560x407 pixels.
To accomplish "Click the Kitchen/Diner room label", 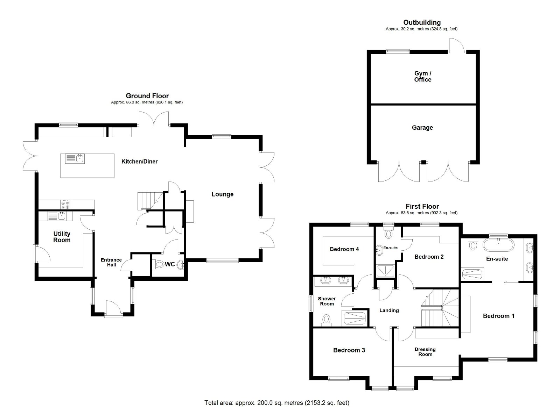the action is (140, 162).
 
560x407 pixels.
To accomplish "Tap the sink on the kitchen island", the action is (75, 158).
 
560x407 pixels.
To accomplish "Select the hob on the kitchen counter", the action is (65, 205).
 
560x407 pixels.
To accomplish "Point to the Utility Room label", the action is (62, 237).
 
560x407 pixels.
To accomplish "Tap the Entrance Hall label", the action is (111, 262).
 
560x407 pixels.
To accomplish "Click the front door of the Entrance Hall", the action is (114, 308).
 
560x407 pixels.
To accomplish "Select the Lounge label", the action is (223, 194).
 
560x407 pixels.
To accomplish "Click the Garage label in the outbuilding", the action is (422, 128).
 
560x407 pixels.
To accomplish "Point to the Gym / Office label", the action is (423, 77).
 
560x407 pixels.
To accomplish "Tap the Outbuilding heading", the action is (422, 22).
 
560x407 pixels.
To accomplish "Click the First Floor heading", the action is (422, 207).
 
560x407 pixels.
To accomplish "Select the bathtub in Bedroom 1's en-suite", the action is (498, 245).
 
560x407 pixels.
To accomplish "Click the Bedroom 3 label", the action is (349, 350).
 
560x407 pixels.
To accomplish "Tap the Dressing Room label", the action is (425, 351).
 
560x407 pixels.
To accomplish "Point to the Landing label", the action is (389, 310).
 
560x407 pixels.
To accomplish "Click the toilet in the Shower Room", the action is (326, 320).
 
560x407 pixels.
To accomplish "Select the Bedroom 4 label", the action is (344, 249).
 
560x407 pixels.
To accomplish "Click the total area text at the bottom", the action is (277, 396).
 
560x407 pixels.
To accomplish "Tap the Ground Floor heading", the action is (147, 96).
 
